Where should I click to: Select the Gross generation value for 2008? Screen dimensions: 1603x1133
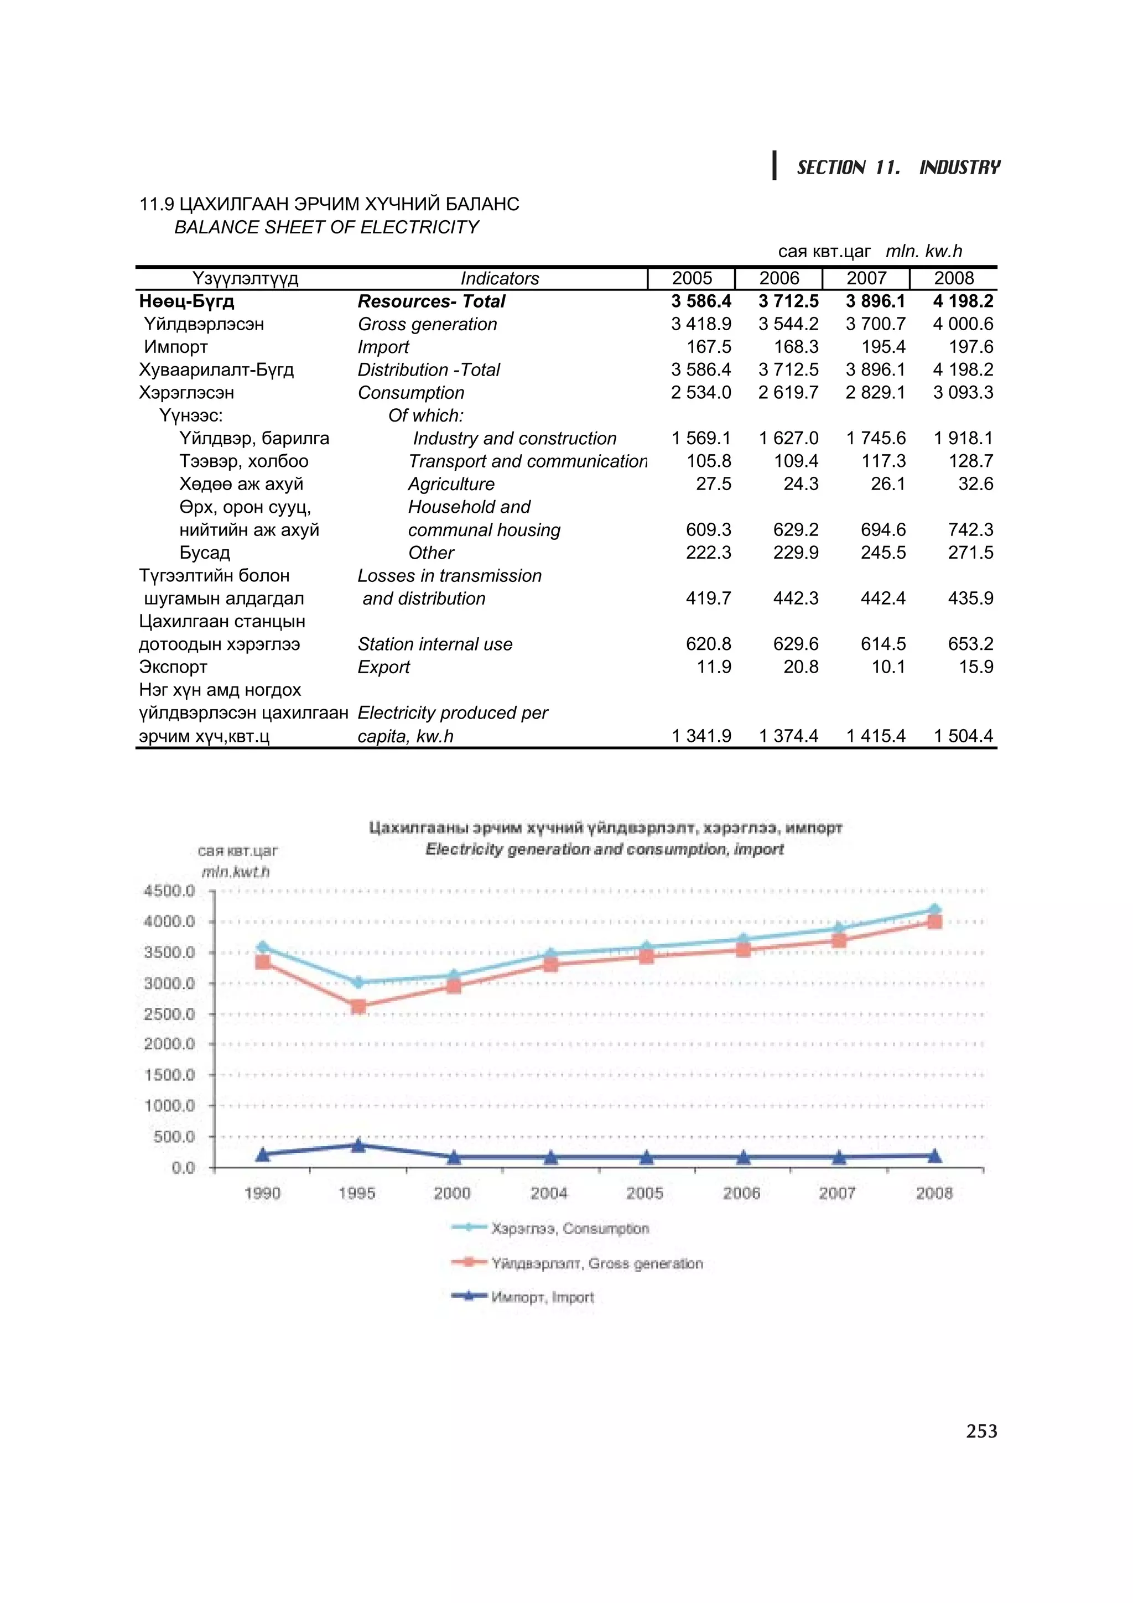[x=963, y=324]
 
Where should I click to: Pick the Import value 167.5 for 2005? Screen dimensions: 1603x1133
[x=709, y=347]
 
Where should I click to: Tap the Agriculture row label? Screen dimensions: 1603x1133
[x=451, y=484]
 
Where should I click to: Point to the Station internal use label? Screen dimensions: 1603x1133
[x=435, y=644]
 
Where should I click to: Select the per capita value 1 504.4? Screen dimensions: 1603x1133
[x=963, y=736]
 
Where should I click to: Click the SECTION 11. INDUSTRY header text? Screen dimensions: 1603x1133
[x=898, y=168]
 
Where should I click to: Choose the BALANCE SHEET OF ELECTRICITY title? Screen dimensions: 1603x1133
[x=327, y=227]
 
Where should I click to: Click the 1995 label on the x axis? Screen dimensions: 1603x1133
[x=357, y=1193]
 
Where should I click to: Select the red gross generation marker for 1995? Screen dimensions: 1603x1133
[x=358, y=1006]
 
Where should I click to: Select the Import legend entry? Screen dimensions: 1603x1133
[x=542, y=1297]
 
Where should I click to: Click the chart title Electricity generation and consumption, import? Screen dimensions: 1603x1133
[x=605, y=849]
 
